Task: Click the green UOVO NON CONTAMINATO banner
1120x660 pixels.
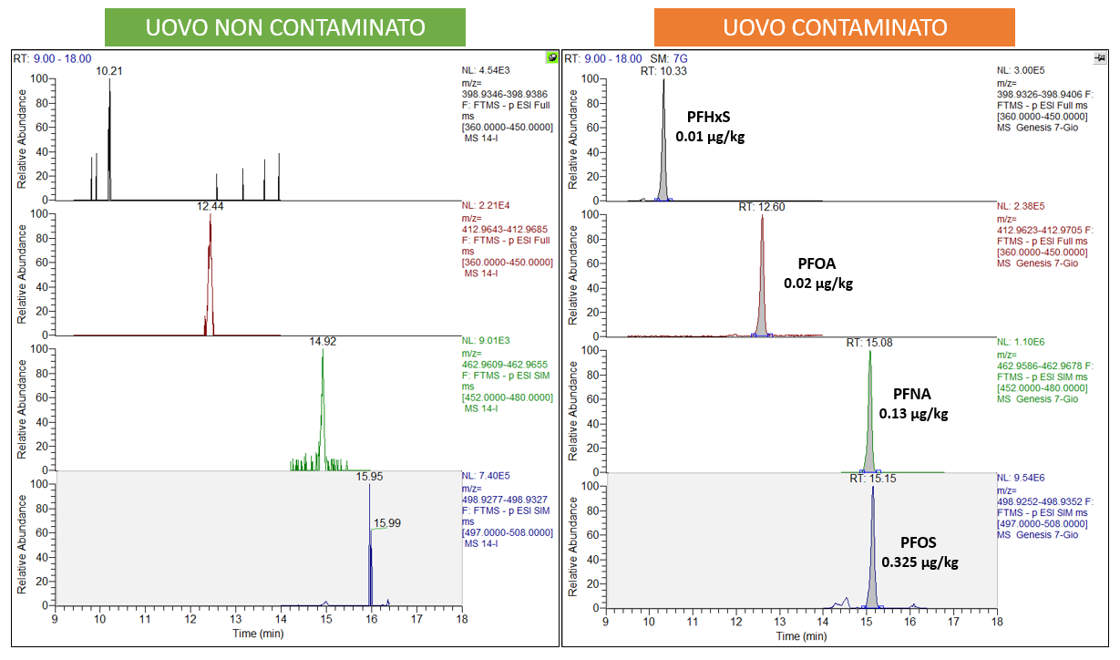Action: click(x=284, y=27)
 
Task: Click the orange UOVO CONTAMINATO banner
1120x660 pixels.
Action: click(x=835, y=27)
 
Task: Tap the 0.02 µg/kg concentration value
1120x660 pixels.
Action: click(x=818, y=284)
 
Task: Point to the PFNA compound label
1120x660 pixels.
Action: click(x=913, y=395)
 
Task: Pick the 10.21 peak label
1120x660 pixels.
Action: click(x=109, y=71)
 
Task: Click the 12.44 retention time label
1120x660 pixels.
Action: click(x=210, y=207)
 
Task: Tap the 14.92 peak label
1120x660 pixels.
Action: click(x=323, y=342)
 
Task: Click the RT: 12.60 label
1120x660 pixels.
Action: click(x=761, y=208)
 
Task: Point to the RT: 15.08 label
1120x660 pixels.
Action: click(x=868, y=343)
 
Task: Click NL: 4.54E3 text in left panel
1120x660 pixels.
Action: click(x=496, y=69)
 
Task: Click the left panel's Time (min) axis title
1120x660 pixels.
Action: click(x=258, y=633)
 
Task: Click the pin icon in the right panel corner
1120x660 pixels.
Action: click(x=1100, y=57)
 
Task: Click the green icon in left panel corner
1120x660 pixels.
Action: click(x=551, y=57)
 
